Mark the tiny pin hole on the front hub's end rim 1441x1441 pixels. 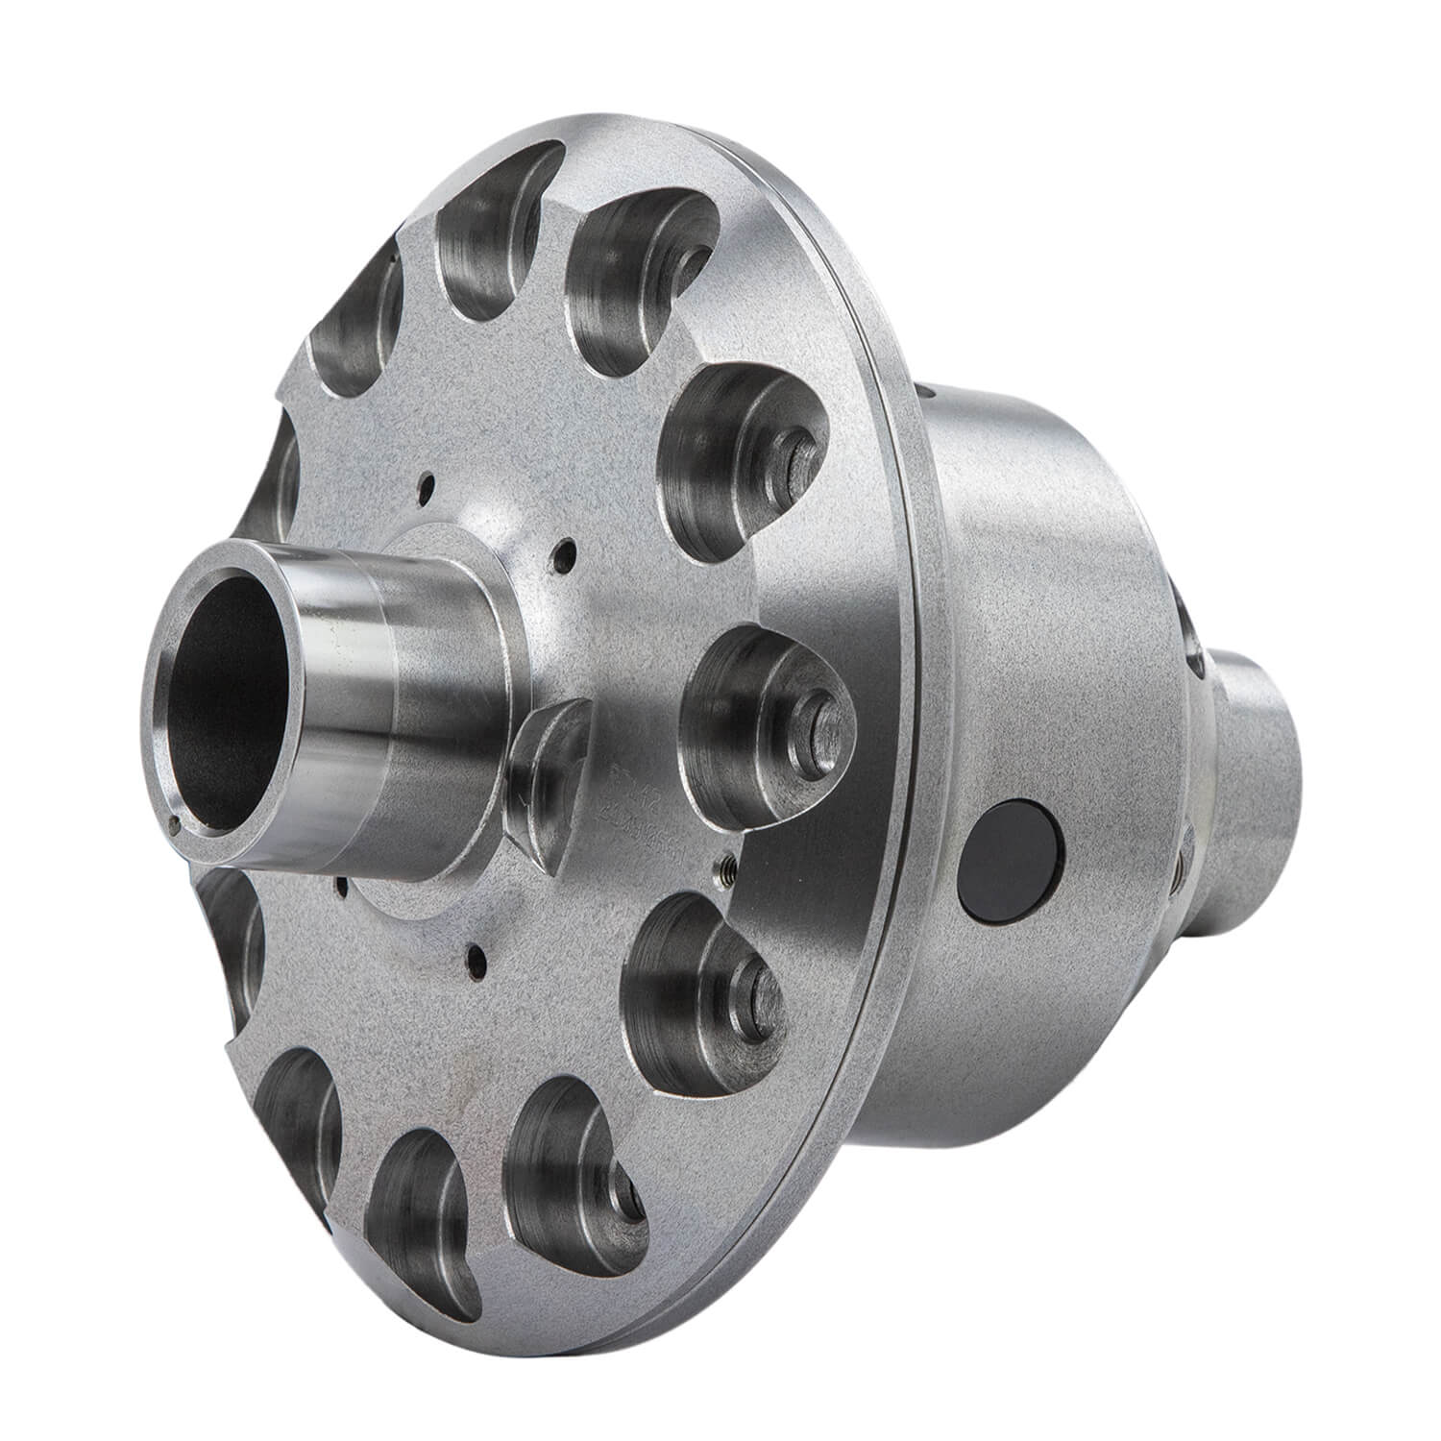tap(174, 820)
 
